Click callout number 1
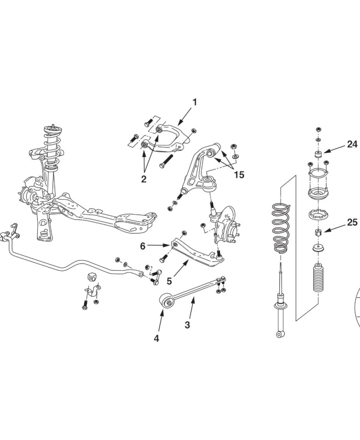194,102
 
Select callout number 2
144,179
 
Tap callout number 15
239,174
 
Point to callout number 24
351,144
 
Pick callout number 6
143,246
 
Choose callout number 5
169,281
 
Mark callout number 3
187,324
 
